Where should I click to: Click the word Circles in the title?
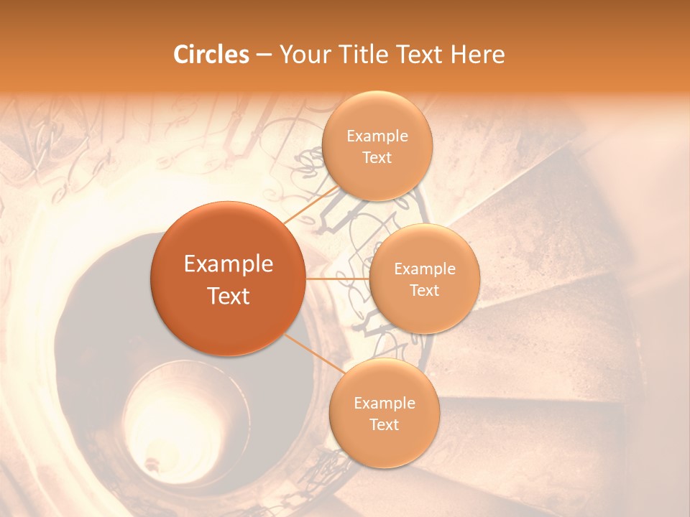tap(211, 55)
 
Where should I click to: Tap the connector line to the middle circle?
tap(337, 279)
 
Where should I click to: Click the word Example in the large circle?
tap(229, 264)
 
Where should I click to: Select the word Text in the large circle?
tap(229, 296)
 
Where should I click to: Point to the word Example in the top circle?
tap(377, 136)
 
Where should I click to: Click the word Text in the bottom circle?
tap(384, 424)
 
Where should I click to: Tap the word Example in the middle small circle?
tap(425, 269)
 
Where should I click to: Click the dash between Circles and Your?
tap(264, 55)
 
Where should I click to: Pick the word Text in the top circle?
tap(377, 158)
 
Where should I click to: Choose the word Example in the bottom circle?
tap(385, 403)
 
